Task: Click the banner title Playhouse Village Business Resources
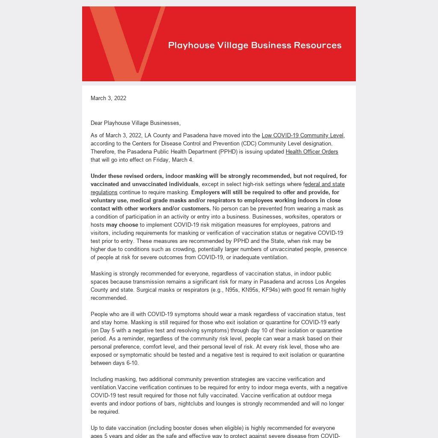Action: (x=255, y=45)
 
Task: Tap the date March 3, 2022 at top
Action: (x=108, y=98)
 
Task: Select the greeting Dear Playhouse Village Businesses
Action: (x=135, y=123)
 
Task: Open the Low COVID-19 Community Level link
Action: (x=302, y=135)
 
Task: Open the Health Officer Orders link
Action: (x=312, y=151)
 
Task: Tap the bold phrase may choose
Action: (x=122, y=225)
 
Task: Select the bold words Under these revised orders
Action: (x=127, y=176)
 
